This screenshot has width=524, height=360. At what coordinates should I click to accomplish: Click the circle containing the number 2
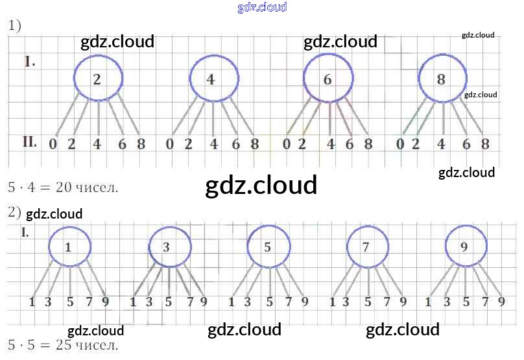[x=98, y=78]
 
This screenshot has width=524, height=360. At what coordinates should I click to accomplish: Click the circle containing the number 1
[x=68, y=246]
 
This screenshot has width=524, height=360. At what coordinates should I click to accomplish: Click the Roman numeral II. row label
[x=30, y=142]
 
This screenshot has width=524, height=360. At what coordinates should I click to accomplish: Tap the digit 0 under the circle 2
[x=53, y=144]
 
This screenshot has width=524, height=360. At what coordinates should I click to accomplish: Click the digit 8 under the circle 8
[x=484, y=144]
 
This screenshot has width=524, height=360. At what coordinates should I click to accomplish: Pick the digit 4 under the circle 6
[x=331, y=144]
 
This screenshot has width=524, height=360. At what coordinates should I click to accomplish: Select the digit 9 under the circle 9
[x=501, y=301]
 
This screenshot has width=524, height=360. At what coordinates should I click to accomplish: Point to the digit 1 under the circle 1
[x=32, y=301]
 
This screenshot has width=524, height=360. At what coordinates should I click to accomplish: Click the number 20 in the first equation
[x=64, y=187]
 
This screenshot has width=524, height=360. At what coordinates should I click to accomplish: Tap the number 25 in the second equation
[x=64, y=344]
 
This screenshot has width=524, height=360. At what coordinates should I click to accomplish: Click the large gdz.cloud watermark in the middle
[x=261, y=186]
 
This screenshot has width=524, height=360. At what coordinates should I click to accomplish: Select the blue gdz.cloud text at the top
[x=262, y=8]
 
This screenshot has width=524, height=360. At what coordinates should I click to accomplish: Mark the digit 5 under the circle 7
[x=368, y=301]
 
